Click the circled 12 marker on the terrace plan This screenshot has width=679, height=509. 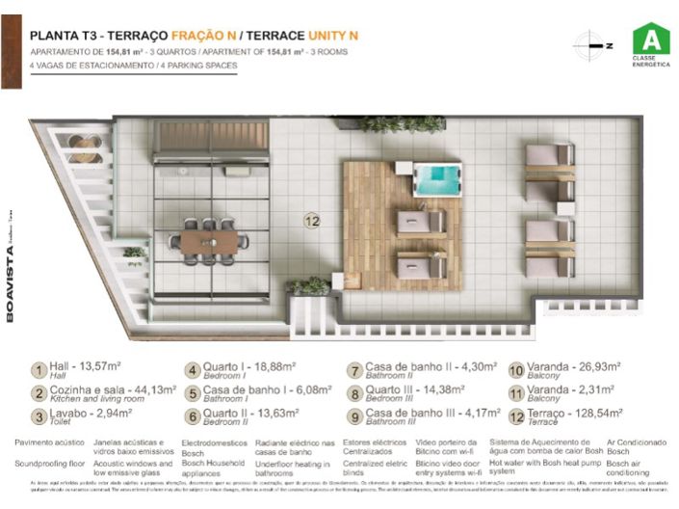point(311,220)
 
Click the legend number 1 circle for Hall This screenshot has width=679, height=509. point(39,370)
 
